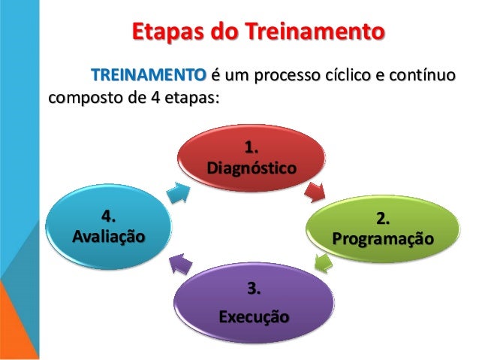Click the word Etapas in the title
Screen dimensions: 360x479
pyautogui.click(x=162, y=34)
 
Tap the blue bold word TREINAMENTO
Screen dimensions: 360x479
pyautogui.click(x=147, y=76)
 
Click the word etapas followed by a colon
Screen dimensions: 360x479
pyautogui.click(x=188, y=99)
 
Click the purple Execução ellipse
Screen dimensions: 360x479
pyautogui.click(x=253, y=301)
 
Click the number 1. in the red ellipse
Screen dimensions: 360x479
pyautogui.click(x=252, y=146)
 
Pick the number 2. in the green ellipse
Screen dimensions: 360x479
pyautogui.click(x=383, y=219)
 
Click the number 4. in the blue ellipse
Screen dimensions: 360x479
pyautogui.click(x=110, y=216)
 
